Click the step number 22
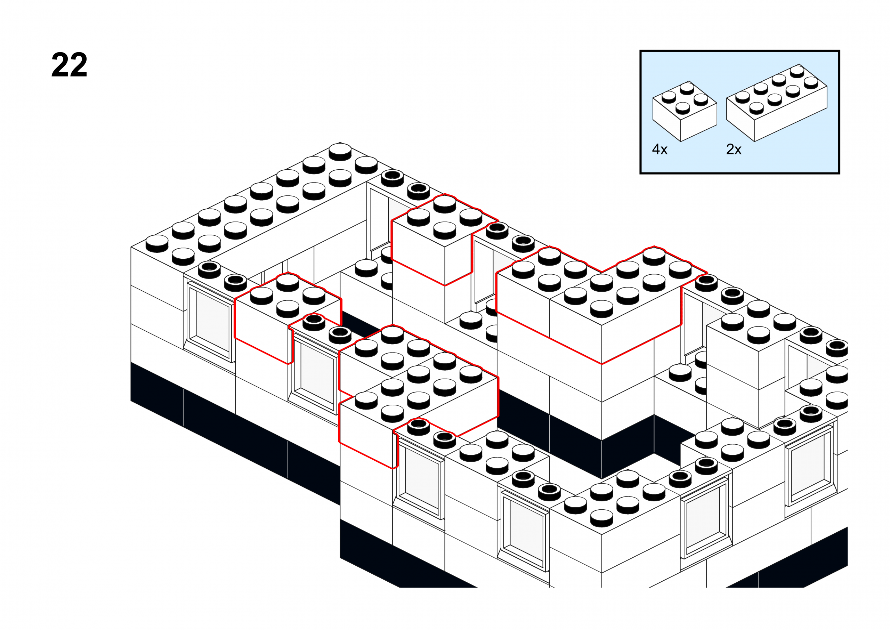(69, 65)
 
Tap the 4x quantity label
(660, 150)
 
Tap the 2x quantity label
(734, 150)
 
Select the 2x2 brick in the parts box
(685, 111)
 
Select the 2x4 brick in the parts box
(777, 103)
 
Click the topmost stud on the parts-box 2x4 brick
(797, 71)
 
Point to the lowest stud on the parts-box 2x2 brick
(683, 107)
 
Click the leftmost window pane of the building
(210, 322)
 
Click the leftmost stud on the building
(157, 244)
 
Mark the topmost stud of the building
(340, 152)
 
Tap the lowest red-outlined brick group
(419, 396)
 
